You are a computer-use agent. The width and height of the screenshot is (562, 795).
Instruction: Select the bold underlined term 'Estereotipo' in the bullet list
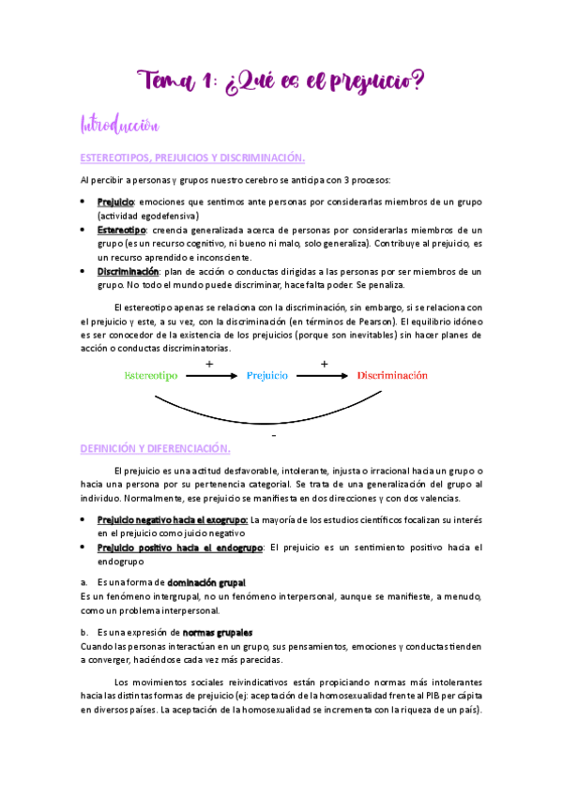point(121,230)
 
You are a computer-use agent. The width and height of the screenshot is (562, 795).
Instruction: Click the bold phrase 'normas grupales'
point(218,632)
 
